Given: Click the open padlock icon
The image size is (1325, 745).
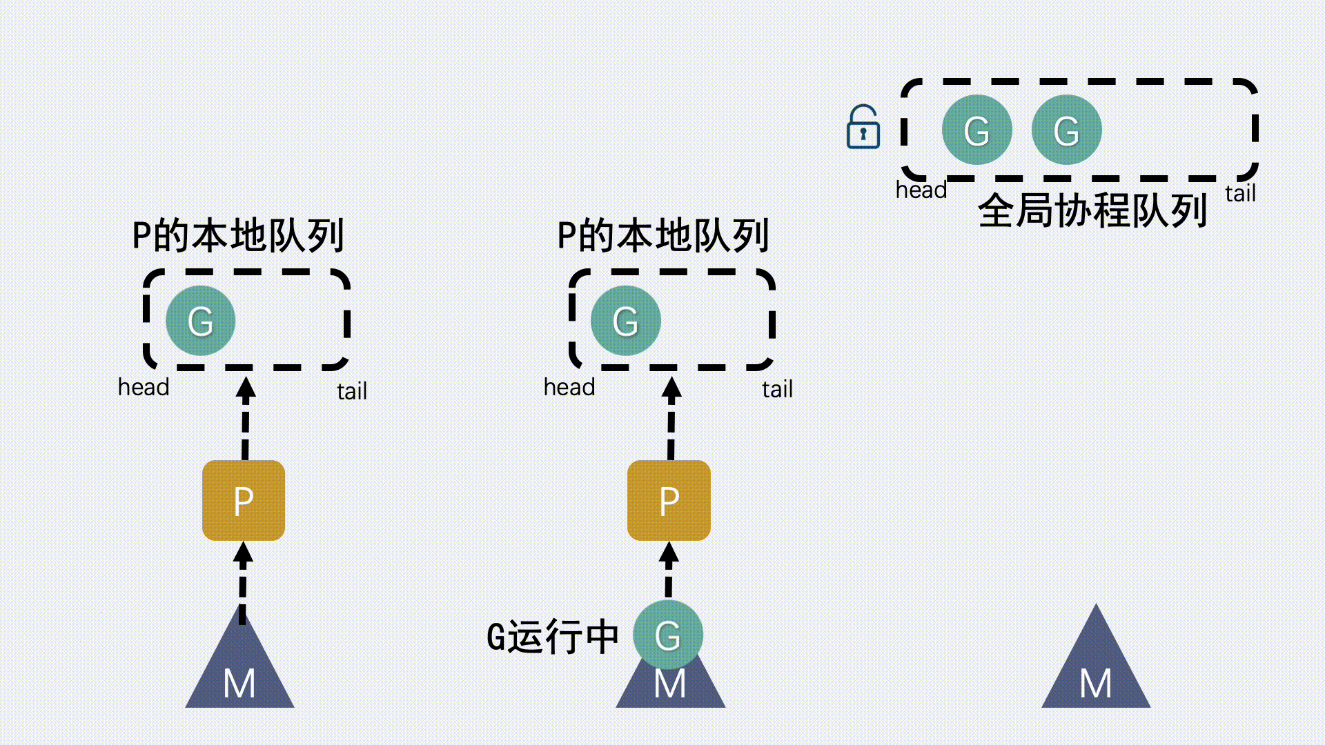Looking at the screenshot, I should (x=863, y=128).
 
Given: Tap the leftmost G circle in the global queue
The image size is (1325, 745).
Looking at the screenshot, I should (x=976, y=130).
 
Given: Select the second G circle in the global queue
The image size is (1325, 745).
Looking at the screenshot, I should (x=1066, y=130).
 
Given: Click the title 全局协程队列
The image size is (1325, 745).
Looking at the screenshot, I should (x=1092, y=210).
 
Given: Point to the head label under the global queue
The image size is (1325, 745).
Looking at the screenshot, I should (x=921, y=190).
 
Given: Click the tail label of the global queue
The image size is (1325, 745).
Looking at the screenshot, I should (x=1240, y=194).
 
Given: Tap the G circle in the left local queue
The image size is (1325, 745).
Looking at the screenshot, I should (x=201, y=321).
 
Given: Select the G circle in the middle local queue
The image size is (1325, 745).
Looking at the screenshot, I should (x=626, y=321).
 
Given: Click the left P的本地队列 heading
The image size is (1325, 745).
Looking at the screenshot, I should (x=238, y=236).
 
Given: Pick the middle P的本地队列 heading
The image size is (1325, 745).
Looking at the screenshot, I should (x=663, y=236).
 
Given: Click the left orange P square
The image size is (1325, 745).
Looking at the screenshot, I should (x=244, y=501).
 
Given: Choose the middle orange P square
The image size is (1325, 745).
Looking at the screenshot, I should (x=669, y=501).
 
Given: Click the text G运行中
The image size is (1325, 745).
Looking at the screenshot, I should (x=552, y=637).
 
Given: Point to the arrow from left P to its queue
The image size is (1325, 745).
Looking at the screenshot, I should (x=246, y=417).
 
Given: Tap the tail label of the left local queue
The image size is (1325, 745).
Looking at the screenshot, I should (x=352, y=391).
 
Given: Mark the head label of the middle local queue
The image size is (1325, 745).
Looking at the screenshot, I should (x=569, y=387).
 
